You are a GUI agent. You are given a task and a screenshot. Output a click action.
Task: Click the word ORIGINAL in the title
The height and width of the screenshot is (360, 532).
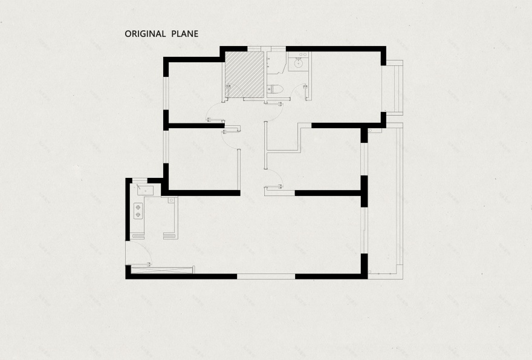point(145,34)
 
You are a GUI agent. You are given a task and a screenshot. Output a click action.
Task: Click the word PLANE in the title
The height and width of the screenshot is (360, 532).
point(185,34)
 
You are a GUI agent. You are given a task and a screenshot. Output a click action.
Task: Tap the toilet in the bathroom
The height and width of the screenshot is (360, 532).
point(274,90)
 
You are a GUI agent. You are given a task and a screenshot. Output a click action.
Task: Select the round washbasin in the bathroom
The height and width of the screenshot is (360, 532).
point(299,63)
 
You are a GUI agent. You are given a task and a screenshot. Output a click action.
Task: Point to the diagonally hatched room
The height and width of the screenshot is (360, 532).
point(244,74)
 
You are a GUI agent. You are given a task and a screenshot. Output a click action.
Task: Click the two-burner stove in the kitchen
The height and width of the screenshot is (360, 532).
point(138,211)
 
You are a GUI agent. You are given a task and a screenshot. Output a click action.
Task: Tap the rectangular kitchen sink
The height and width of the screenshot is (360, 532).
point(145,191)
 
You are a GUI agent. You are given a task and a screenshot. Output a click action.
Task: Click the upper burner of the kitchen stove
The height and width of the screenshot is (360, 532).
point(138,207)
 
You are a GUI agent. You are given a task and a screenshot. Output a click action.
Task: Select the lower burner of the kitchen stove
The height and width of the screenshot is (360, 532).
point(138,215)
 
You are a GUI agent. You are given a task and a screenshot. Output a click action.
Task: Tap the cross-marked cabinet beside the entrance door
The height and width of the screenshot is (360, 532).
point(162,270)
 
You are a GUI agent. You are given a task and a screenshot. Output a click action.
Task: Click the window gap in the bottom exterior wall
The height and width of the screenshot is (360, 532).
point(266,277)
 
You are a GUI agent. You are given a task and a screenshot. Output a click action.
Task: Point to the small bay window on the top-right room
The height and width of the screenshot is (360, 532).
point(392,87)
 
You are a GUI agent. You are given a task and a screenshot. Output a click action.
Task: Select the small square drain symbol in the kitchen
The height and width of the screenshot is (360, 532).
point(171,200)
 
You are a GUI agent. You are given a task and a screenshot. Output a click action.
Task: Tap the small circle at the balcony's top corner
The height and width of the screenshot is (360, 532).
point(370,131)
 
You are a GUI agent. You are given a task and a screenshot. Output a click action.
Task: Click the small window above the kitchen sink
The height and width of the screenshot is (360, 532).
point(140,180)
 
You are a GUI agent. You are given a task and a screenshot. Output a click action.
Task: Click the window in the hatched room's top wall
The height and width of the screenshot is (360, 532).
point(254,49)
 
